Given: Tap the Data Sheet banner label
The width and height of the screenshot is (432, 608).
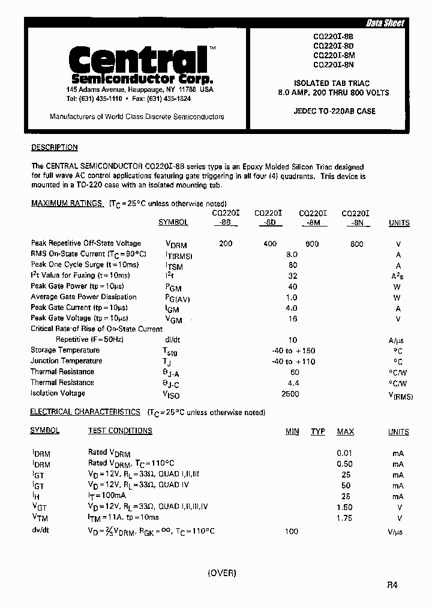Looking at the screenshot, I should (x=385, y=23).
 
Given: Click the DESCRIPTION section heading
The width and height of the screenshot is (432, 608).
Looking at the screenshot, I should (x=54, y=147).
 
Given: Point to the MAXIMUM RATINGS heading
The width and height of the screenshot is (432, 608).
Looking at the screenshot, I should (x=67, y=203).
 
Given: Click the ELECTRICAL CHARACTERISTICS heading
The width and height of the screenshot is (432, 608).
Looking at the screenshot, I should (x=85, y=412).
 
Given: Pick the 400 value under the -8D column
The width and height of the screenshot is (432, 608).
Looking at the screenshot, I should (x=269, y=243).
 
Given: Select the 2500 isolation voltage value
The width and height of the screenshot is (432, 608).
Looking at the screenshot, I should (x=290, y=394).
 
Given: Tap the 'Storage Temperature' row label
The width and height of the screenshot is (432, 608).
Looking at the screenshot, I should (x=65, y=350).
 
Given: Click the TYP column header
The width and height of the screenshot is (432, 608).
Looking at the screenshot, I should (x=318, y=431).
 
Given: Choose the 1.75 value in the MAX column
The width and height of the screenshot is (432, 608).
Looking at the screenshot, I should (x=344, y=518).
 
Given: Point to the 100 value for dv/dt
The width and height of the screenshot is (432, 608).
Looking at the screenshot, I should (x=292, y=531).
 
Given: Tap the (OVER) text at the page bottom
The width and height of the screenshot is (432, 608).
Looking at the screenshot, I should (x=222, y=573).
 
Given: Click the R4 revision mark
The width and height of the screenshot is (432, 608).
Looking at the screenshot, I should (x=392, y=585).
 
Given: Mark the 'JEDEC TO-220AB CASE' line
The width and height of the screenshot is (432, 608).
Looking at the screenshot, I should (x=335, y=111).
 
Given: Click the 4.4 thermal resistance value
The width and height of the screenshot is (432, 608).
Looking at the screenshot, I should (x=294, y=383).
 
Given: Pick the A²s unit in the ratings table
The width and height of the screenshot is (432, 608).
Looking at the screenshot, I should (x=398, y=276).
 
